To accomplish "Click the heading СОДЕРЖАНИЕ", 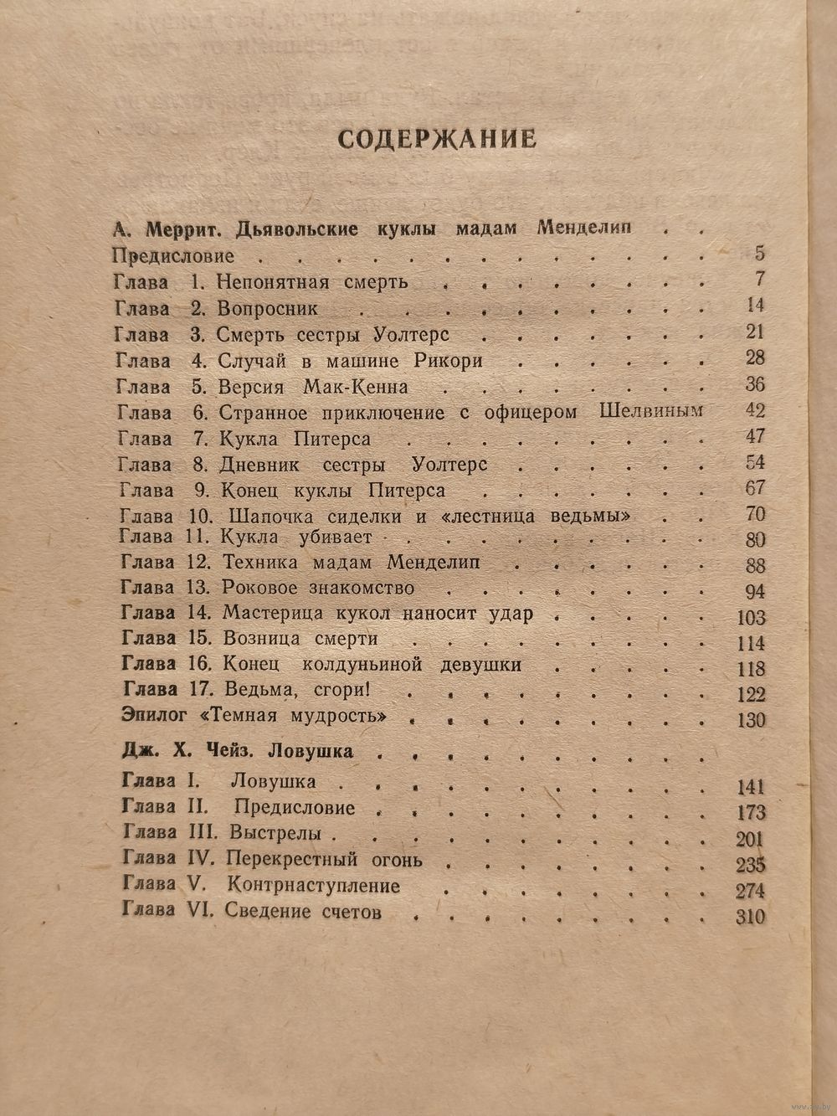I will click(436, 138).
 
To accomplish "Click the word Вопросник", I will click(267, 308).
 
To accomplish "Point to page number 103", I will click(747, 618).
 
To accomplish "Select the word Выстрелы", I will click(280, 834).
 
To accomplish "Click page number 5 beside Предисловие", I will click(759, 255).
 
